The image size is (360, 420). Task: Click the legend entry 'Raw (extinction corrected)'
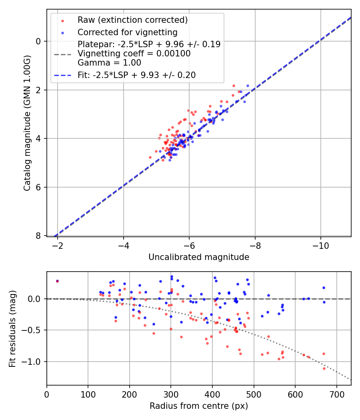click(x=132, y=20)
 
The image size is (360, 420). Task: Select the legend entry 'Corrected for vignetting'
click(x=128, y=32)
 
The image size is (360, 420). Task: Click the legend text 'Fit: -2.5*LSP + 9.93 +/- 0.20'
click(x=136, y=75)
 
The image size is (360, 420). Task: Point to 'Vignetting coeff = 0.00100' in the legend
click(x=134, y=54)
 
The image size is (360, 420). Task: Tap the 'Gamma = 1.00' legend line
click(x=109, y=63)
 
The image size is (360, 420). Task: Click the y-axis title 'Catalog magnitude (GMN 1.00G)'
click(x=27, y=122)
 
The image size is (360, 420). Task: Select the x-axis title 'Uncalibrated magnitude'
click(x=199, y=257)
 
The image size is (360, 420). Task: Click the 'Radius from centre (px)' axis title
click(x=199, y=406)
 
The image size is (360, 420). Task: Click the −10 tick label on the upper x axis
click(x=320, y=245)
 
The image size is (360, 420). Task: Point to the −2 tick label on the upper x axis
click(x=58, y=245)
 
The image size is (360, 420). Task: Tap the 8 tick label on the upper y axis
click(x=39, y=236)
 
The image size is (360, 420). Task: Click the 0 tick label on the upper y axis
click(x=39, y=41)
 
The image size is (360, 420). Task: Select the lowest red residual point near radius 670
click(x=324, y=368)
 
